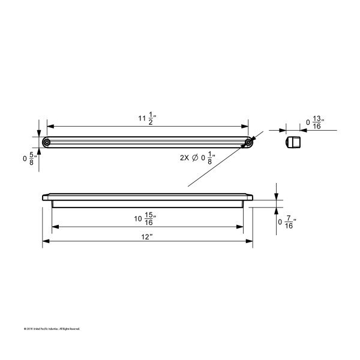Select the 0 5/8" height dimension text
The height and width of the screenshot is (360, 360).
[28, 159]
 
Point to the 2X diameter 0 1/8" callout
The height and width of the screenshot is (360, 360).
[197, 159]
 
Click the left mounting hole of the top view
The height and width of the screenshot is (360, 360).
[47, 143]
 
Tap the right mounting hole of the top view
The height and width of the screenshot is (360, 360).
[248, 143]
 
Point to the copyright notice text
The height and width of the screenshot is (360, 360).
[52, 329]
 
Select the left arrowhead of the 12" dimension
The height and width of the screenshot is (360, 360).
[46, 242]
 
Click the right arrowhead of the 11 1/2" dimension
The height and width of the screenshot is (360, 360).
[245, 127]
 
